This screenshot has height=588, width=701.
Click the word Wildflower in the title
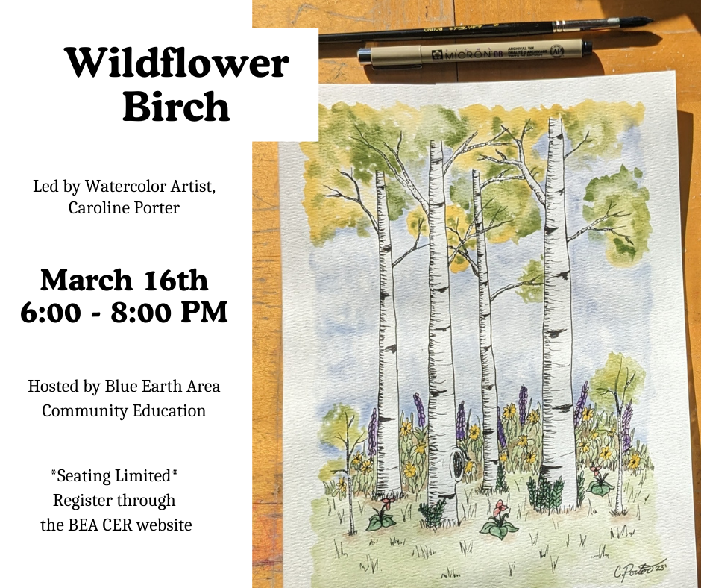click(x=176, y=64)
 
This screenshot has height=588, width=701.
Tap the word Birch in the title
click(x=176, y=107)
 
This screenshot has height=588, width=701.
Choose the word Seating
click(x=86, y=475)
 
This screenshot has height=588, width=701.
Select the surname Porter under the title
click(x=153, y=207)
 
